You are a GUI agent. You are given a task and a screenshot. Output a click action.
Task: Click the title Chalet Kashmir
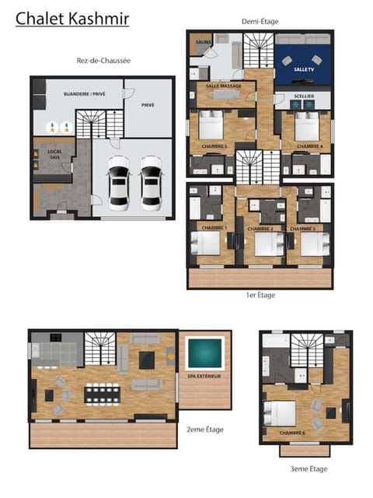point(72,18)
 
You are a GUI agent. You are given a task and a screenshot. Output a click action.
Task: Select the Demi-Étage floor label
point(260,22)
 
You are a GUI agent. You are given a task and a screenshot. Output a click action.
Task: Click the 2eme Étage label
point(204,430)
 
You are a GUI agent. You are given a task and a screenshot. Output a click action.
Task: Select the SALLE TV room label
point(303,70)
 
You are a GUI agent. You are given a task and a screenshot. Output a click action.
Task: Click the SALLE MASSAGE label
point(224,86)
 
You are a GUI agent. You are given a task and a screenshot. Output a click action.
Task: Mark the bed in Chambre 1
point(209,244)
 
